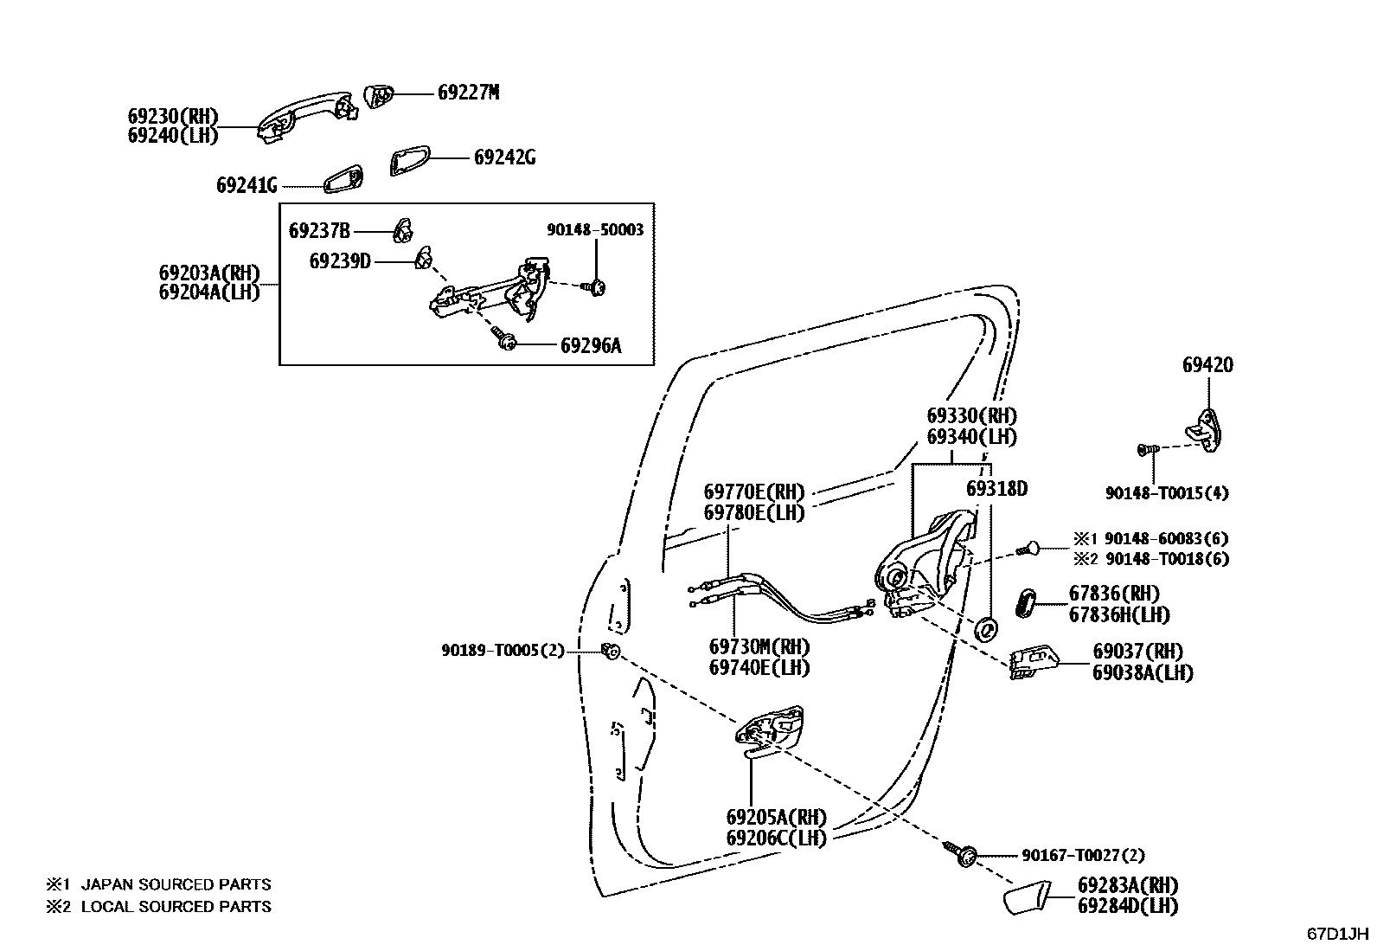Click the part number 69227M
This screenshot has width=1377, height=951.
click(468, 93)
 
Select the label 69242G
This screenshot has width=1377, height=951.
click(504, 157)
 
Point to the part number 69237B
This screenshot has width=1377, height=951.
click(319, 231)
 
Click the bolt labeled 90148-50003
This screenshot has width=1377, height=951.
click(595, 286)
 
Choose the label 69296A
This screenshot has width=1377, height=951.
click(591, 346)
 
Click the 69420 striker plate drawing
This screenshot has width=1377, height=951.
click(1206, 428)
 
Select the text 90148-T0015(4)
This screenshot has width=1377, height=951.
click(1166, 493)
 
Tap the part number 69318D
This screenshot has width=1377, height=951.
click(996, 489)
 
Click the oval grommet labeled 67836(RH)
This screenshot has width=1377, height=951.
click(1025, 602)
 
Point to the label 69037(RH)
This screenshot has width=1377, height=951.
click(1137, 651)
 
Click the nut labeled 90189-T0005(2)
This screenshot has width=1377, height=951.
click(612, 651)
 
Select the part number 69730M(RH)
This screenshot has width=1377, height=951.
click(758, 646)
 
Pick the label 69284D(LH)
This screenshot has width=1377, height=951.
click(1127, 906)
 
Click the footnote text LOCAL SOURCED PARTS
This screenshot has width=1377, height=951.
click(176, 907)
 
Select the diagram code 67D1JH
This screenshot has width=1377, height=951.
click(1337, 935)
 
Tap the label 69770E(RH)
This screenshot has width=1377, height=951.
click(753, 492)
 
